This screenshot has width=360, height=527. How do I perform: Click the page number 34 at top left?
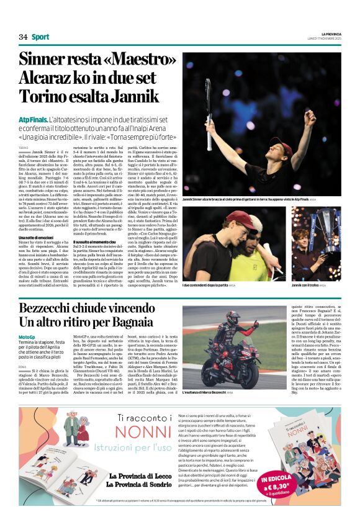[23, 37]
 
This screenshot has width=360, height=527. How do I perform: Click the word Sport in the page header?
[40, 37]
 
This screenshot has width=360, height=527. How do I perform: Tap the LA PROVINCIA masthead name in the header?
[327, 34]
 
